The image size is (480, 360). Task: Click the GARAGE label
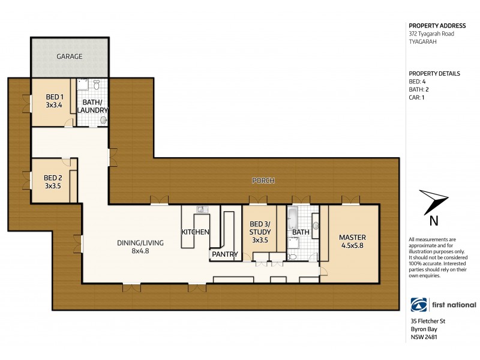coord(70,56)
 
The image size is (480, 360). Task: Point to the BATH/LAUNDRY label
coord(92,106)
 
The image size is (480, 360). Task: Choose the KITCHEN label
coord(195,232)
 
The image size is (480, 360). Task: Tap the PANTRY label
coord(224,254)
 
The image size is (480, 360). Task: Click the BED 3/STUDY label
coord(260,232)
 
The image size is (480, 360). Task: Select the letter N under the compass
coord(434,220)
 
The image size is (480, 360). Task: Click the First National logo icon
coord(418,305)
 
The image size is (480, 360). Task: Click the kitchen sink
coord(201,209)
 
